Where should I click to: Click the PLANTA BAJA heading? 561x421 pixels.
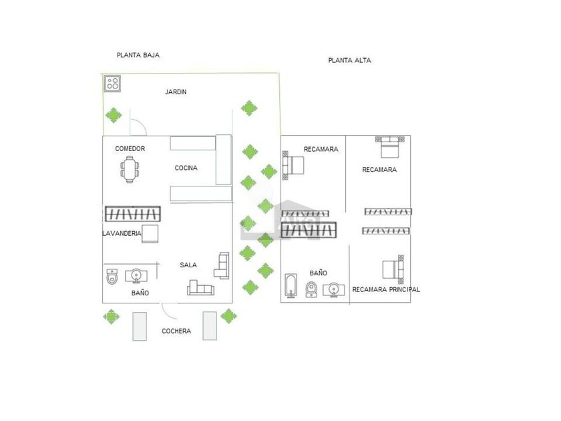pos(138,55)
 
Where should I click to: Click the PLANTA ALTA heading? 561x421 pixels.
pos(349,60)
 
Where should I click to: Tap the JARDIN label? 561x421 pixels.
pos(176,92)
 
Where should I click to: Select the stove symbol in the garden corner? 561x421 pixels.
pos(112,84)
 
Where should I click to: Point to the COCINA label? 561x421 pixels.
pos(186,168)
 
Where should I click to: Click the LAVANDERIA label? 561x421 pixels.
pos(122,233)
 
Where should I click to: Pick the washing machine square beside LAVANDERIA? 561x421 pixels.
pos(150,233)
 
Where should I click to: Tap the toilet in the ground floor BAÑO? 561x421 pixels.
pos(112,275)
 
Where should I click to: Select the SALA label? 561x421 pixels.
pos(188,265)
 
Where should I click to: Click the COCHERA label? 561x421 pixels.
pos(176,331)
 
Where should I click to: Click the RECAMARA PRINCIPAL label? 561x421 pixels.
pos(386,289)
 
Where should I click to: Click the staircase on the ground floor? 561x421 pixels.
pos(132,214)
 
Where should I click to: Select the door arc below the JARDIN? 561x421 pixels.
pos(138,128)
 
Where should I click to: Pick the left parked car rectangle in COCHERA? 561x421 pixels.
pos(140,325)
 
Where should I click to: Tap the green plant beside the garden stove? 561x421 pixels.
pos(114,115)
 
